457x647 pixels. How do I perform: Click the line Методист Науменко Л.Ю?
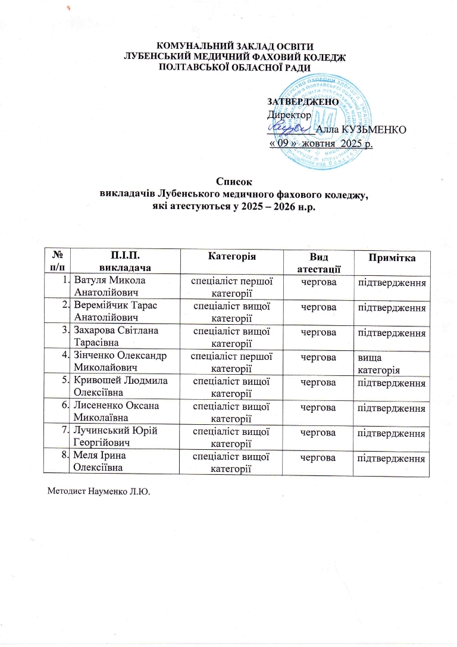[x=98, y=492]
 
